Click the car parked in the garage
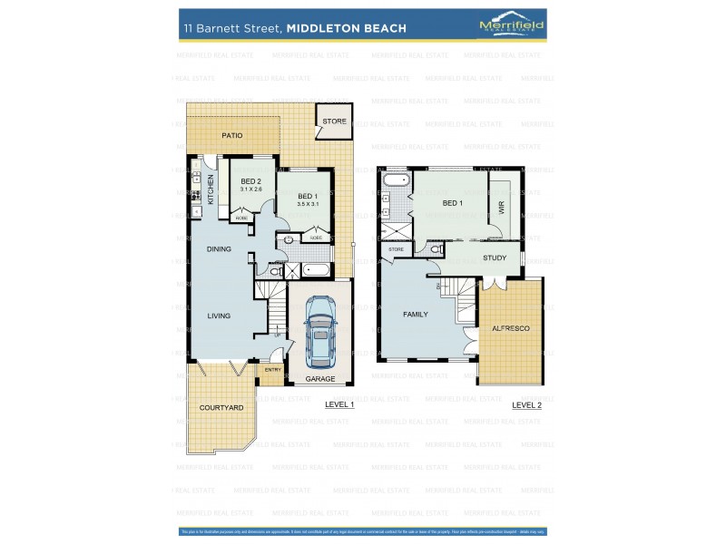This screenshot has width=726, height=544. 319,331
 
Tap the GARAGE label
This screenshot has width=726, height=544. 319,379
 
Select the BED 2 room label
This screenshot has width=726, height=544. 251,181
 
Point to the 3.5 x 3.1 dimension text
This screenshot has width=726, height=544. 309,205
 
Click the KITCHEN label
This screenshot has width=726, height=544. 211,189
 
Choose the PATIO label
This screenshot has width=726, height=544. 233,136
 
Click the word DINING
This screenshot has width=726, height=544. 219,248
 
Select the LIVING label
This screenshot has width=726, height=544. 218,316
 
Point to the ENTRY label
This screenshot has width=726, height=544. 272,370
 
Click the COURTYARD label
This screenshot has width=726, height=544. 222,408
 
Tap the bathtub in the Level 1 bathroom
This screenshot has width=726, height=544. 317,269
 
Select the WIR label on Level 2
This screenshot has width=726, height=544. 502,206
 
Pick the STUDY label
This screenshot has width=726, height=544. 495,257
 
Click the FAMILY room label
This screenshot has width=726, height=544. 416,314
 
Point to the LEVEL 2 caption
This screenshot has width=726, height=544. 526,405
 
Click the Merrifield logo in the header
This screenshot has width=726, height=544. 511,27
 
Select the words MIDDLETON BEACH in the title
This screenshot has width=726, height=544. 346,28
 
